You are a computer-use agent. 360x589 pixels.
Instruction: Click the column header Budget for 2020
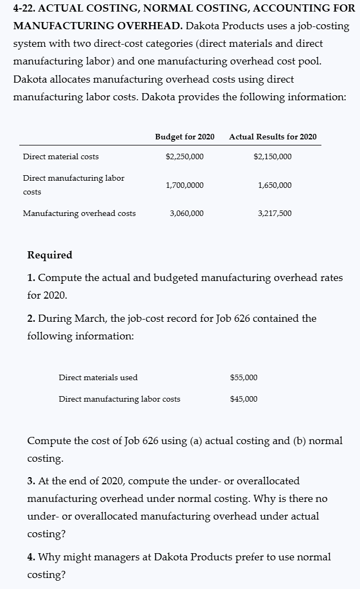tap(185, 137)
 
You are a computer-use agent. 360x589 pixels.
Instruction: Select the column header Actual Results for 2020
tap(273, 137)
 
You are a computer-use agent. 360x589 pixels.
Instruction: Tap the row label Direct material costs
tap(61, 156)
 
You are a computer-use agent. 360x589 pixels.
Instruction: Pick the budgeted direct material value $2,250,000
tap(184, 156)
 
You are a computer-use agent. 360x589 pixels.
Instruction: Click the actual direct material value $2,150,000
tap(273, 156)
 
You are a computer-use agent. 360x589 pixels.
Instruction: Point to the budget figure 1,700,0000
tap(184, 185)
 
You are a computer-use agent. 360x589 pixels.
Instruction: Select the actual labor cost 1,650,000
tap(275, 185)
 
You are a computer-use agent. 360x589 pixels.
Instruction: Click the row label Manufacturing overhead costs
tap(79, 213)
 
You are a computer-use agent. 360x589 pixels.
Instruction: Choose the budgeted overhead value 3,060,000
tap(186, 213)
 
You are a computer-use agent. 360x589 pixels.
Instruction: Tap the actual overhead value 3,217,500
tap(275, 213)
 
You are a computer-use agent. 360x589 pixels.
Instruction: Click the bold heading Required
tap(50, 255)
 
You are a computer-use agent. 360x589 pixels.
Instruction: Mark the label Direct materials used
tap(98, 377)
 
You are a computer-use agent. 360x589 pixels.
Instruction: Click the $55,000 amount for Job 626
tap(243, 377)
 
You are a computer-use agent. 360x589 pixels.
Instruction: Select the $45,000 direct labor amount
tap(243, 399)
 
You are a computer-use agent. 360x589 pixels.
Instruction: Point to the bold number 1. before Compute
tap(31, 278)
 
